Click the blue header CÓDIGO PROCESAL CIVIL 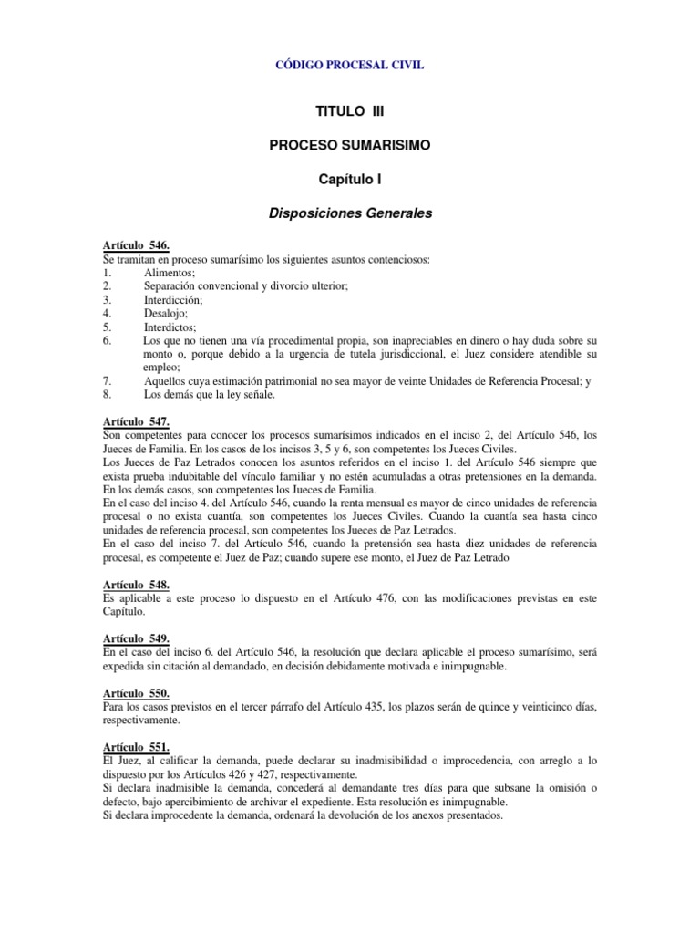[x=349, y=66]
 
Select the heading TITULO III [x=349, y=110]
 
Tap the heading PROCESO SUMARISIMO [x=349, y=145]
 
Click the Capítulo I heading [x=349, y=180]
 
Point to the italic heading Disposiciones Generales [x=349, y=214]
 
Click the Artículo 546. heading [x=136, y=247]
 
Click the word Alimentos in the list [x=170, y=273]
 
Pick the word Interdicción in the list [x=174, y=298]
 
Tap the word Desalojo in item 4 [x=167, y=312]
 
